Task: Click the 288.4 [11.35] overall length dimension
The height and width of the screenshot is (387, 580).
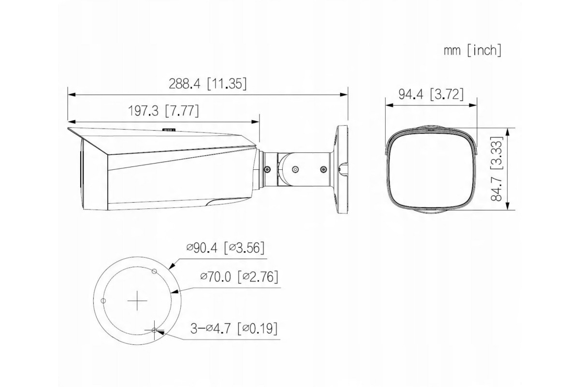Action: [208, 84]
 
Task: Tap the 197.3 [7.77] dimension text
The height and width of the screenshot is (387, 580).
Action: [164, 111]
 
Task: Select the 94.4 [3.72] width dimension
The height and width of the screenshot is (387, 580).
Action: [431, 94]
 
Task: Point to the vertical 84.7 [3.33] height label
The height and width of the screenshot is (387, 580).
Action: [497, 169]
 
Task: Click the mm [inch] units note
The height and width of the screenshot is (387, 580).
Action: [473, 50]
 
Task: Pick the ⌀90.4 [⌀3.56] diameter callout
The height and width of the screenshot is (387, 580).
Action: [225, 248]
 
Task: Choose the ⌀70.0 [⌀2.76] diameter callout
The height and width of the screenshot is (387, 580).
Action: [239, 277]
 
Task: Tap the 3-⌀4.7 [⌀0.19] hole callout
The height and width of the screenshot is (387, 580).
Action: [234, 328]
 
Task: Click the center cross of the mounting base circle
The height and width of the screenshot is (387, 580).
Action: [137, 301]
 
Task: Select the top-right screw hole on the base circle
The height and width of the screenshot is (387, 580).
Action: [154, 271]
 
